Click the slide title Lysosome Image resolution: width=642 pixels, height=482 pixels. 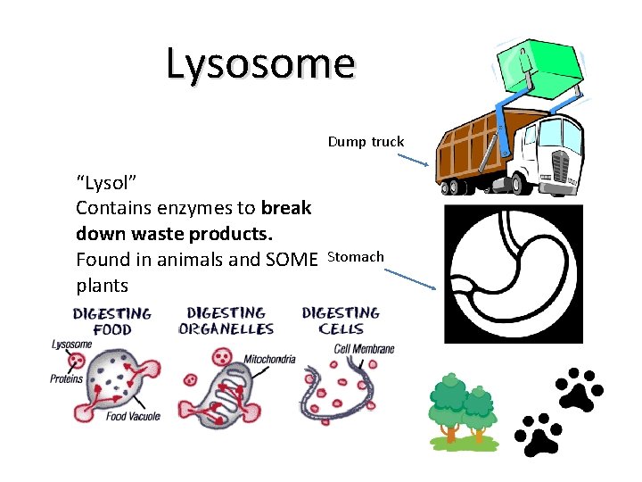tap(260, 63)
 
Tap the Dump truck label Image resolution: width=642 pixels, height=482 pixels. tap(366, 142)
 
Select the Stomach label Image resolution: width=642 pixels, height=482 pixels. tap(356, 257)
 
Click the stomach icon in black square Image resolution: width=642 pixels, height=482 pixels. tap(513, 273)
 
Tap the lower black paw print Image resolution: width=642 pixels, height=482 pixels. tap(537, 435)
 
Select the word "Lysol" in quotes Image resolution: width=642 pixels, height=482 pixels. tap(106, 184)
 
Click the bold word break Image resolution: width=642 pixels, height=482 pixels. tap(286, 208)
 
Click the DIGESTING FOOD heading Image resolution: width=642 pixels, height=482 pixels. tap(112, 321)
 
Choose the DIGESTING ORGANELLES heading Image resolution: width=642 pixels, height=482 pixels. tap(226, 321)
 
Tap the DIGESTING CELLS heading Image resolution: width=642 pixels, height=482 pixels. tap(341, 321)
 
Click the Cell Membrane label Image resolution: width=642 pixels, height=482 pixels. tap(364, 349)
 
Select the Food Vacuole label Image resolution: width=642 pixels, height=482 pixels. tap(130, 417)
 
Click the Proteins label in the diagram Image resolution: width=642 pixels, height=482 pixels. tap(66, 378)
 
